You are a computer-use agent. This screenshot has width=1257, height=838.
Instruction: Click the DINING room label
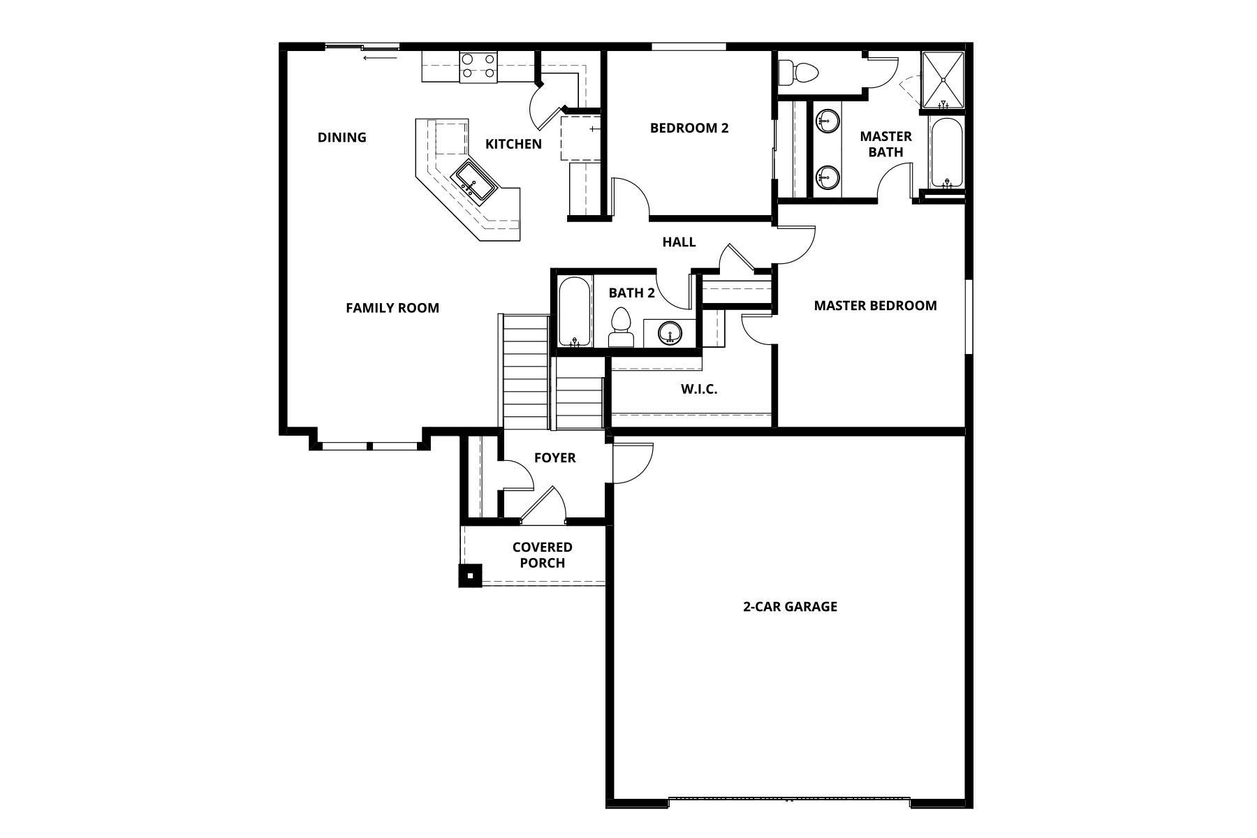click(x=341, y=138)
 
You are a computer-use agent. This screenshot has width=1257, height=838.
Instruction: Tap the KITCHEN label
click(x=513, y=144)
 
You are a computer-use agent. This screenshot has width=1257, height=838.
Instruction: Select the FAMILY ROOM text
click(x=392, y=308)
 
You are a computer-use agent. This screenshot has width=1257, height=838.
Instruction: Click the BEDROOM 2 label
click(x=689, y=128)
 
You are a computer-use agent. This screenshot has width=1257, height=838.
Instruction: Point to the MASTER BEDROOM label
click(x=875, y=305)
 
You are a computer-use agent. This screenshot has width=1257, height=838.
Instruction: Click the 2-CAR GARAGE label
click(x=790, y=606)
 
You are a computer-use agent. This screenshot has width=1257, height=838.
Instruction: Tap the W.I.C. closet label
click(x=699, y=389)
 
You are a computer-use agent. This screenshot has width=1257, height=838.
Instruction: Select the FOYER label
click(x=554, y=458)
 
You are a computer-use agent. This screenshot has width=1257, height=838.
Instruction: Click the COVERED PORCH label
click(x=543, y=555)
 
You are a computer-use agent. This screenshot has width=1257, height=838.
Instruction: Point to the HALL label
click(x=679, y=242)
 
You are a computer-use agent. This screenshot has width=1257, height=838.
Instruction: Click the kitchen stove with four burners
click(x=478, y=66)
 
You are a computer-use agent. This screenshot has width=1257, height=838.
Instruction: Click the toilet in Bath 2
click(x=621, y=328)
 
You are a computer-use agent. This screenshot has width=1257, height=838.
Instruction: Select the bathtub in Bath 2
click(x=575, y=312)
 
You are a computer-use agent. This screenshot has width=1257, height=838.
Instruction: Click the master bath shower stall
click(x=943, y=80)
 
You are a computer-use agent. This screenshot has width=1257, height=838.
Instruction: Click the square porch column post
click(x=470, y=575)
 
